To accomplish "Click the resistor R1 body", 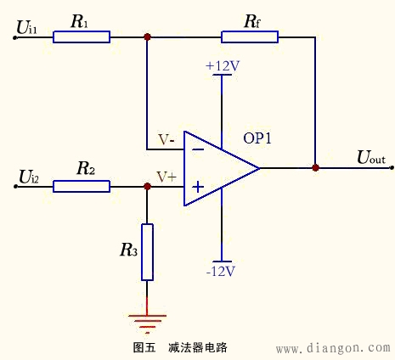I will [81, 37].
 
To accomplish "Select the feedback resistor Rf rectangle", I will [250, 37].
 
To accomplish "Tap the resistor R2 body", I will [81, 186].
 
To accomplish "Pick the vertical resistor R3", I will [147, 252].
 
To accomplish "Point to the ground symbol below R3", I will [147, 322].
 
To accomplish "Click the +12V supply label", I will [221, 65].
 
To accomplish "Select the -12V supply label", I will [220, 272].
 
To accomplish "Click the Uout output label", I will [370, 157].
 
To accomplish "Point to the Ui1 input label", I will [27, 29].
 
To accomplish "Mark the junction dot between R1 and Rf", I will [147, 37].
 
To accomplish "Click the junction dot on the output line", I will [315, 168].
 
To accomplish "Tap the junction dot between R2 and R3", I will [147, 186].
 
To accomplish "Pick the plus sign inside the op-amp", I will [197, 186].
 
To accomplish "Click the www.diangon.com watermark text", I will [333, 348].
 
